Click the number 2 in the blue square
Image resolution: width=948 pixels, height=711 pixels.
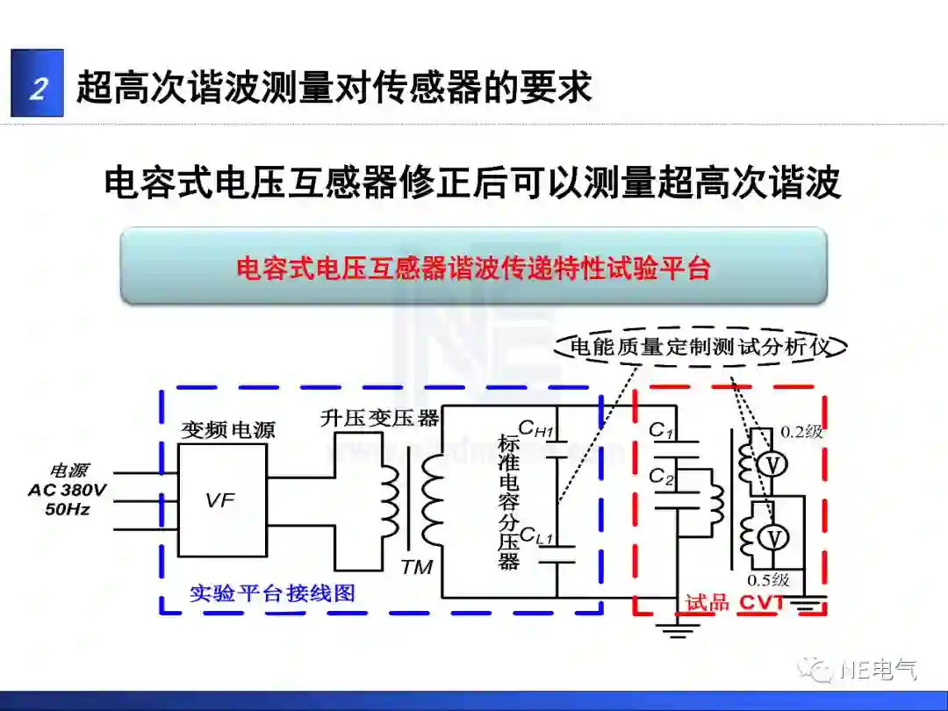click(38, 86)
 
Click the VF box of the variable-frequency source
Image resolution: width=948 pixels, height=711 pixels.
click(222, 500)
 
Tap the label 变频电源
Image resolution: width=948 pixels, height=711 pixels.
click(228, 430)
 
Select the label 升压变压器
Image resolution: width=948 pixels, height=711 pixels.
click(379, 418)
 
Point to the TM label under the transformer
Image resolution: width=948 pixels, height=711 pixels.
click(416, 567)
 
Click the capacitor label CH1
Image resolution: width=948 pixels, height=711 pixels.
click(536, 429)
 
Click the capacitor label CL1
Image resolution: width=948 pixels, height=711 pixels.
click(536, 535)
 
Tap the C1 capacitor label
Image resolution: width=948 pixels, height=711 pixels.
click(661, 431)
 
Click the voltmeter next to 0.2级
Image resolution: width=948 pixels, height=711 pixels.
click(769, 465)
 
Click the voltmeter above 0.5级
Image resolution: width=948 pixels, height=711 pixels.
click(769, 538)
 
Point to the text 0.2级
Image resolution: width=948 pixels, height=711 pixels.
click(801, 431)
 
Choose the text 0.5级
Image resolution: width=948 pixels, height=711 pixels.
click(768, 580)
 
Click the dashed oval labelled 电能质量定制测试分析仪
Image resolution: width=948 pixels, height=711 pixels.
click(700, 347)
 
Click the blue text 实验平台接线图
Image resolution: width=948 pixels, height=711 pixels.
click(273, 593)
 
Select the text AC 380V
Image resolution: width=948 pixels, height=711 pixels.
click(68, 490)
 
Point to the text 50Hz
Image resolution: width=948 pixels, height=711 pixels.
click(68, 508)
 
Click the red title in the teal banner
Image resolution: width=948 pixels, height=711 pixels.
click(473, 268)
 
